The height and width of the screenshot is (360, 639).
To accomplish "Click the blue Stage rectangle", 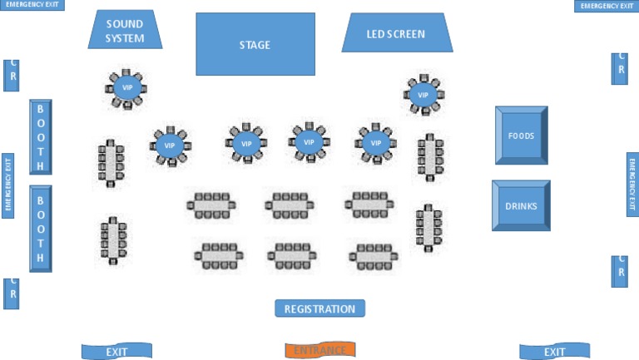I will (x=255, y=44).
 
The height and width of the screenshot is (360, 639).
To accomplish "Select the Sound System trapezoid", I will (x=125, y=31).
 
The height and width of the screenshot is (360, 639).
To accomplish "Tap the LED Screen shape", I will (x=397, y=34).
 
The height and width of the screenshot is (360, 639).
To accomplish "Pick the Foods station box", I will (x=521, y=135).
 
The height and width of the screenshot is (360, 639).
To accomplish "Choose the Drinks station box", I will (x=521, y=205).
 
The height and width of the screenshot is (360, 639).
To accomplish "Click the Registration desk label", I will (x=319, y=308).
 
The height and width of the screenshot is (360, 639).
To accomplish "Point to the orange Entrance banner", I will (x=320, y=350).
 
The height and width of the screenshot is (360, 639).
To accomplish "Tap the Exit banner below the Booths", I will (x=116, y=352).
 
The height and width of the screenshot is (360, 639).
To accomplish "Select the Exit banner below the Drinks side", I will (x=554, y=352).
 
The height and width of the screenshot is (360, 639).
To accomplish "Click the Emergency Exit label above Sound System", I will (x=32, y=5).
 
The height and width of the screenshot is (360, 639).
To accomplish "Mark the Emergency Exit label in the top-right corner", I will (x=606, y=6).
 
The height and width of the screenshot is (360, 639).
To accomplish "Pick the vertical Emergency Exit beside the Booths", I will (x=8, y=185).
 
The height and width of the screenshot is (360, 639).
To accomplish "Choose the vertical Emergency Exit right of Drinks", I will (x=632, y=184).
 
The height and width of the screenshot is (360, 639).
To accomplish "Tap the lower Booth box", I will (x=41, y=228).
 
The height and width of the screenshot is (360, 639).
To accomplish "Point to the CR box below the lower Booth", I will (x=11, y=293).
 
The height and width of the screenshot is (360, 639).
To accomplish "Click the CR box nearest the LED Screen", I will (x=620, y=68).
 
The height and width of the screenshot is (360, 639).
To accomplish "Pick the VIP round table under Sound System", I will (x=127, y=87).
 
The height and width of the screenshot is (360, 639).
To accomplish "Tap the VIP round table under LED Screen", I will (x=423, y=95).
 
